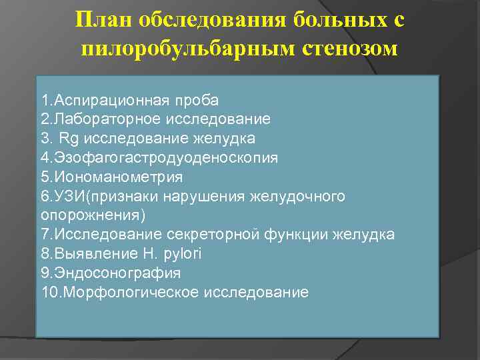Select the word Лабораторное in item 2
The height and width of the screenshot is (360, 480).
[109, 119]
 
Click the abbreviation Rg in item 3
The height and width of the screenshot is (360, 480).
[67, 139]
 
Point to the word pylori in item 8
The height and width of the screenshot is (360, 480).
[183, 254]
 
